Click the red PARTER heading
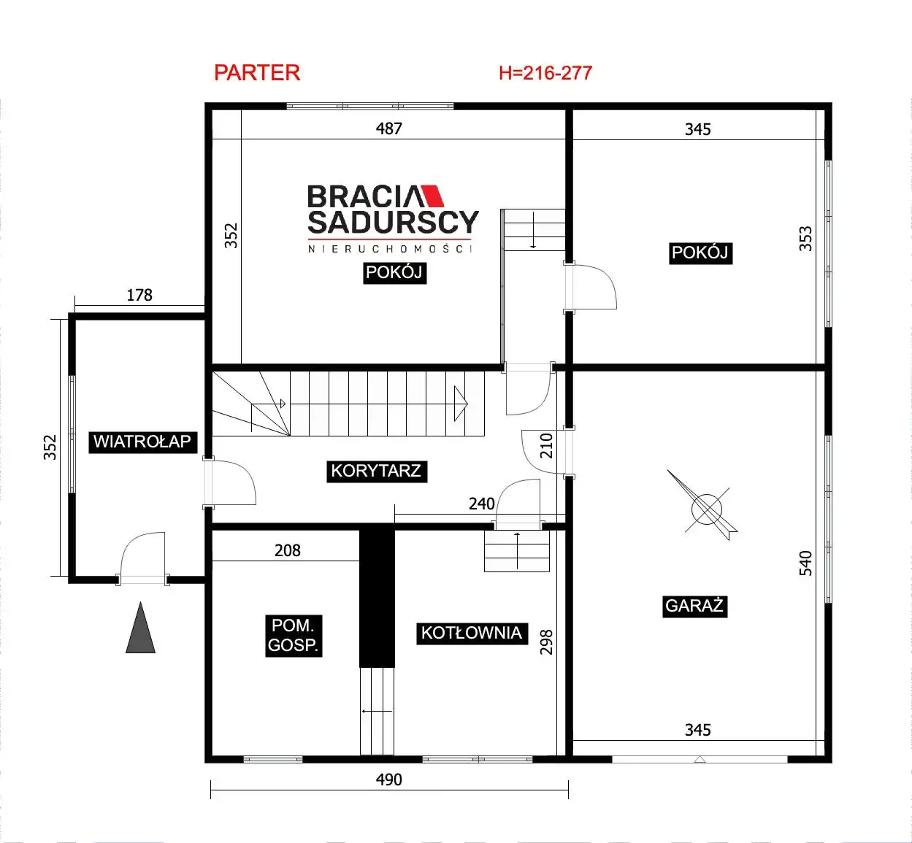257,73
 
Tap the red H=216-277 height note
545,73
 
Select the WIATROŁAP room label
142,442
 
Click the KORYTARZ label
377,471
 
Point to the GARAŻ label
694,606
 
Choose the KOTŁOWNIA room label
472,634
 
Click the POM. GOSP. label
294,636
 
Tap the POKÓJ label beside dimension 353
700,253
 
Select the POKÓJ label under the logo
394,273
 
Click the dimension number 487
389,128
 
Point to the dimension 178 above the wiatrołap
139,295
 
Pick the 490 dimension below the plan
389,780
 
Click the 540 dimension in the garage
805,563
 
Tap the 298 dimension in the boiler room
546,642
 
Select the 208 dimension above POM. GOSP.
288,550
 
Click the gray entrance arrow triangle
140,628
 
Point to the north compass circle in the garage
706,509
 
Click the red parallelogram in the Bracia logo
432,196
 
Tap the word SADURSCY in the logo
393,223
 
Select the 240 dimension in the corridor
482,504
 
